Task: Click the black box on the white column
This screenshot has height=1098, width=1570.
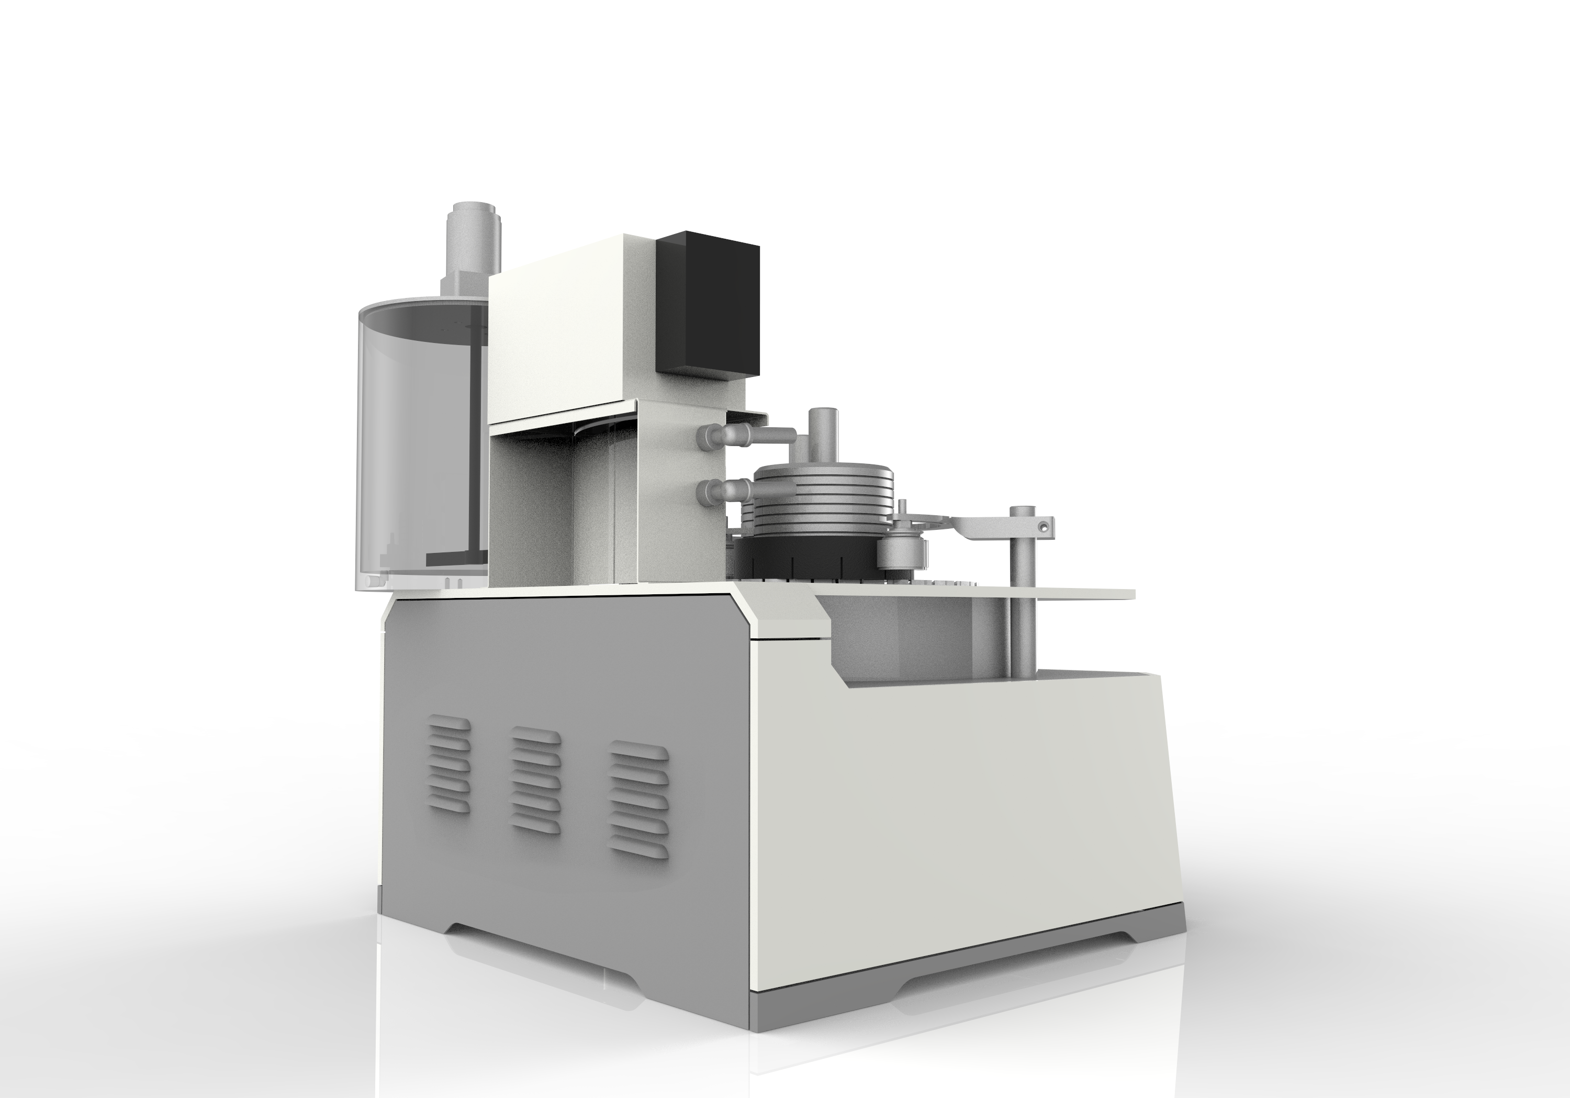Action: click(x=708, y=304)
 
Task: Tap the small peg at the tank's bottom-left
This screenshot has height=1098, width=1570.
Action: click(x=371, y=581)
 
